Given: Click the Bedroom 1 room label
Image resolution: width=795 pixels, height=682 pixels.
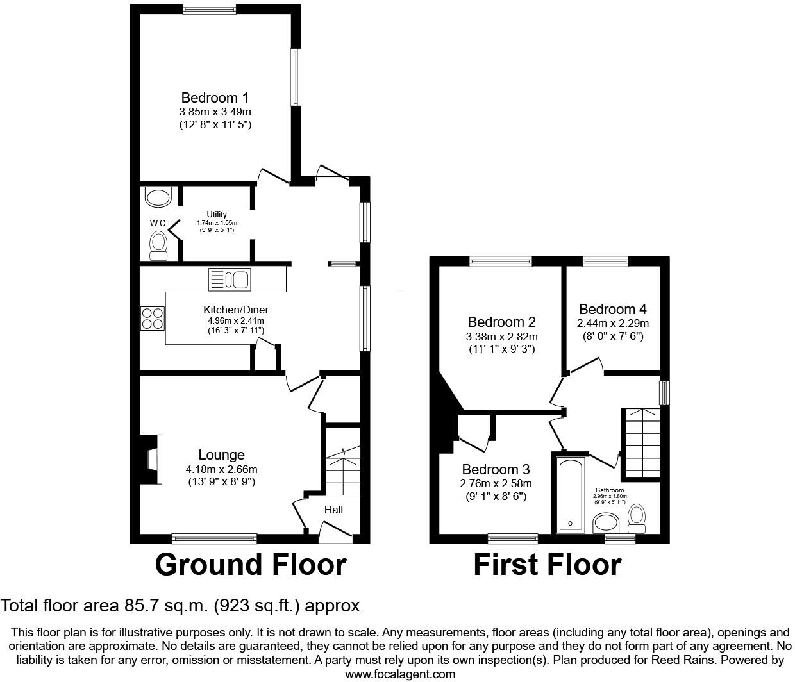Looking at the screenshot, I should (214, 98).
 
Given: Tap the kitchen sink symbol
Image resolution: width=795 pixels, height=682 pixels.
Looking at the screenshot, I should (230, 279).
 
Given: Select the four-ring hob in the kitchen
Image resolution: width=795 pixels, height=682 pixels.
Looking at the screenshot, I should (153, 318).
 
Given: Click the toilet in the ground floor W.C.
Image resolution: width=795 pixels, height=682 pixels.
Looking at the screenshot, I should (158, 246).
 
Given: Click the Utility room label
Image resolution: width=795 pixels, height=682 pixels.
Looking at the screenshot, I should (216, 214).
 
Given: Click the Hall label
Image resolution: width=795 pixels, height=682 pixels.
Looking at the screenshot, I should (333, 510).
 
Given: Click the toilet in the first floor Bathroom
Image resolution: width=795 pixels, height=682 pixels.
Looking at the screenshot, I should (637, 518).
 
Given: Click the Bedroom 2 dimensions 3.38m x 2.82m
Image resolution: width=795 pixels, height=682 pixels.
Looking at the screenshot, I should (501, 337).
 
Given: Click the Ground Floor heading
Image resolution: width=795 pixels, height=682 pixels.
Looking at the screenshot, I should (251, 565).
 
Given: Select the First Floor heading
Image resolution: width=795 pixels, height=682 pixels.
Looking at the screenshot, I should (547, 565).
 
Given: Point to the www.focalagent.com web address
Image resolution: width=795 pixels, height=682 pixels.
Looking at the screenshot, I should (400, 674).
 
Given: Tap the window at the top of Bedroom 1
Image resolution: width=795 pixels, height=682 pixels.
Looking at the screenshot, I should (209, 9).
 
